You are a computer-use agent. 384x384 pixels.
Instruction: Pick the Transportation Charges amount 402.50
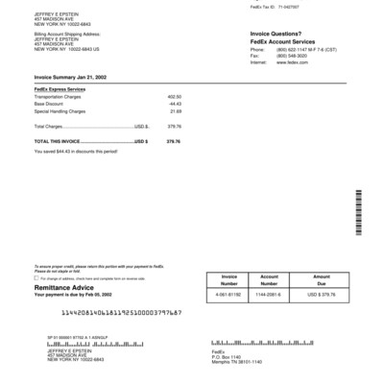(175, 97)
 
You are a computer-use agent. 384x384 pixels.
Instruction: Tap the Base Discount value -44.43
(175, 104)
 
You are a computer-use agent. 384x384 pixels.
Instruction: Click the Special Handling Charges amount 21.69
(176, 110)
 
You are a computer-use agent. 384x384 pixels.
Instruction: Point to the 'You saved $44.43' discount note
(76, 150)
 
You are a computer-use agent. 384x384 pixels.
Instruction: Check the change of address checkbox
(36, 278)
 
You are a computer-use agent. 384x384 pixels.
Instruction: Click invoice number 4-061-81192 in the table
(228, 294)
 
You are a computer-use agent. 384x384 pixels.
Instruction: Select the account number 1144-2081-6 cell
(270, 294)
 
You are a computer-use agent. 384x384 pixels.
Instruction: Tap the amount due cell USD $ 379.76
(321, 294)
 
